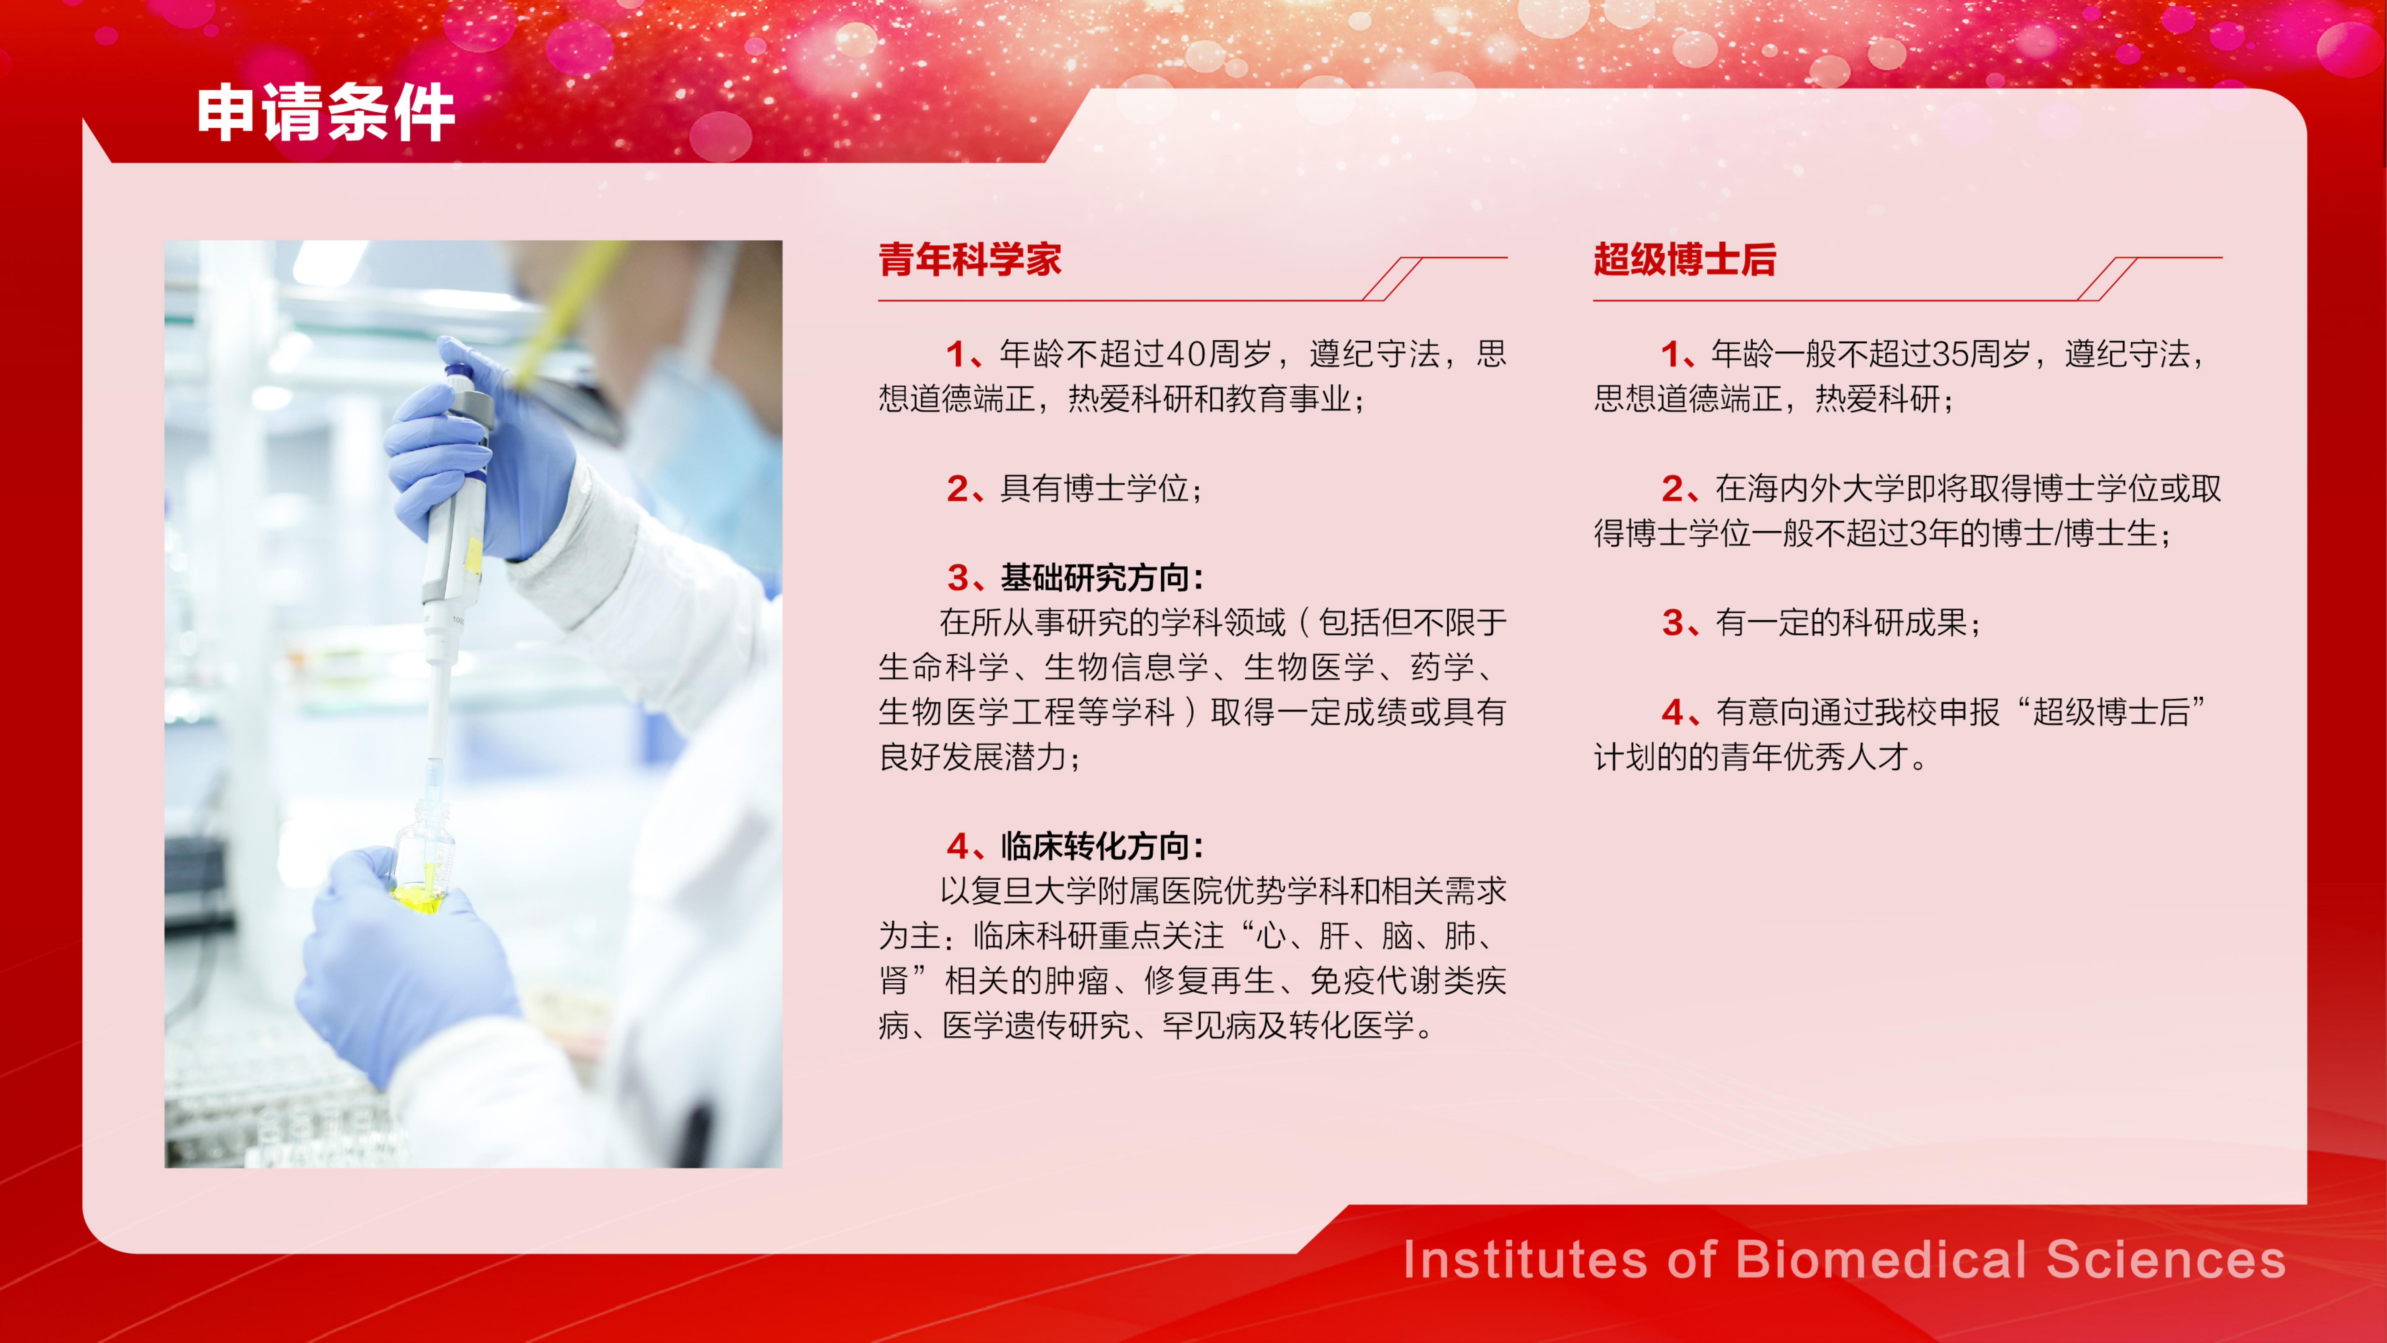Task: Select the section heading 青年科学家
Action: tap(970, 260)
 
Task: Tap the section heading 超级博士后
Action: tap(1684, 260)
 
